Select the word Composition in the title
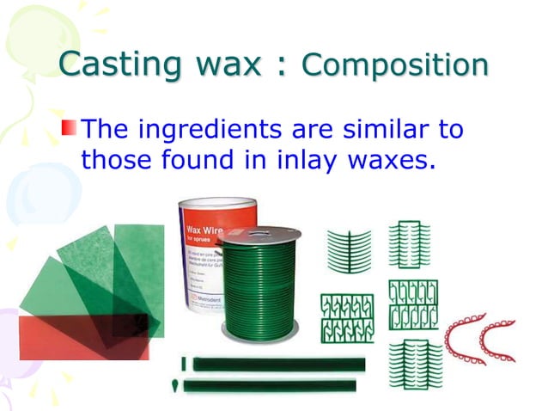[396, 65]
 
